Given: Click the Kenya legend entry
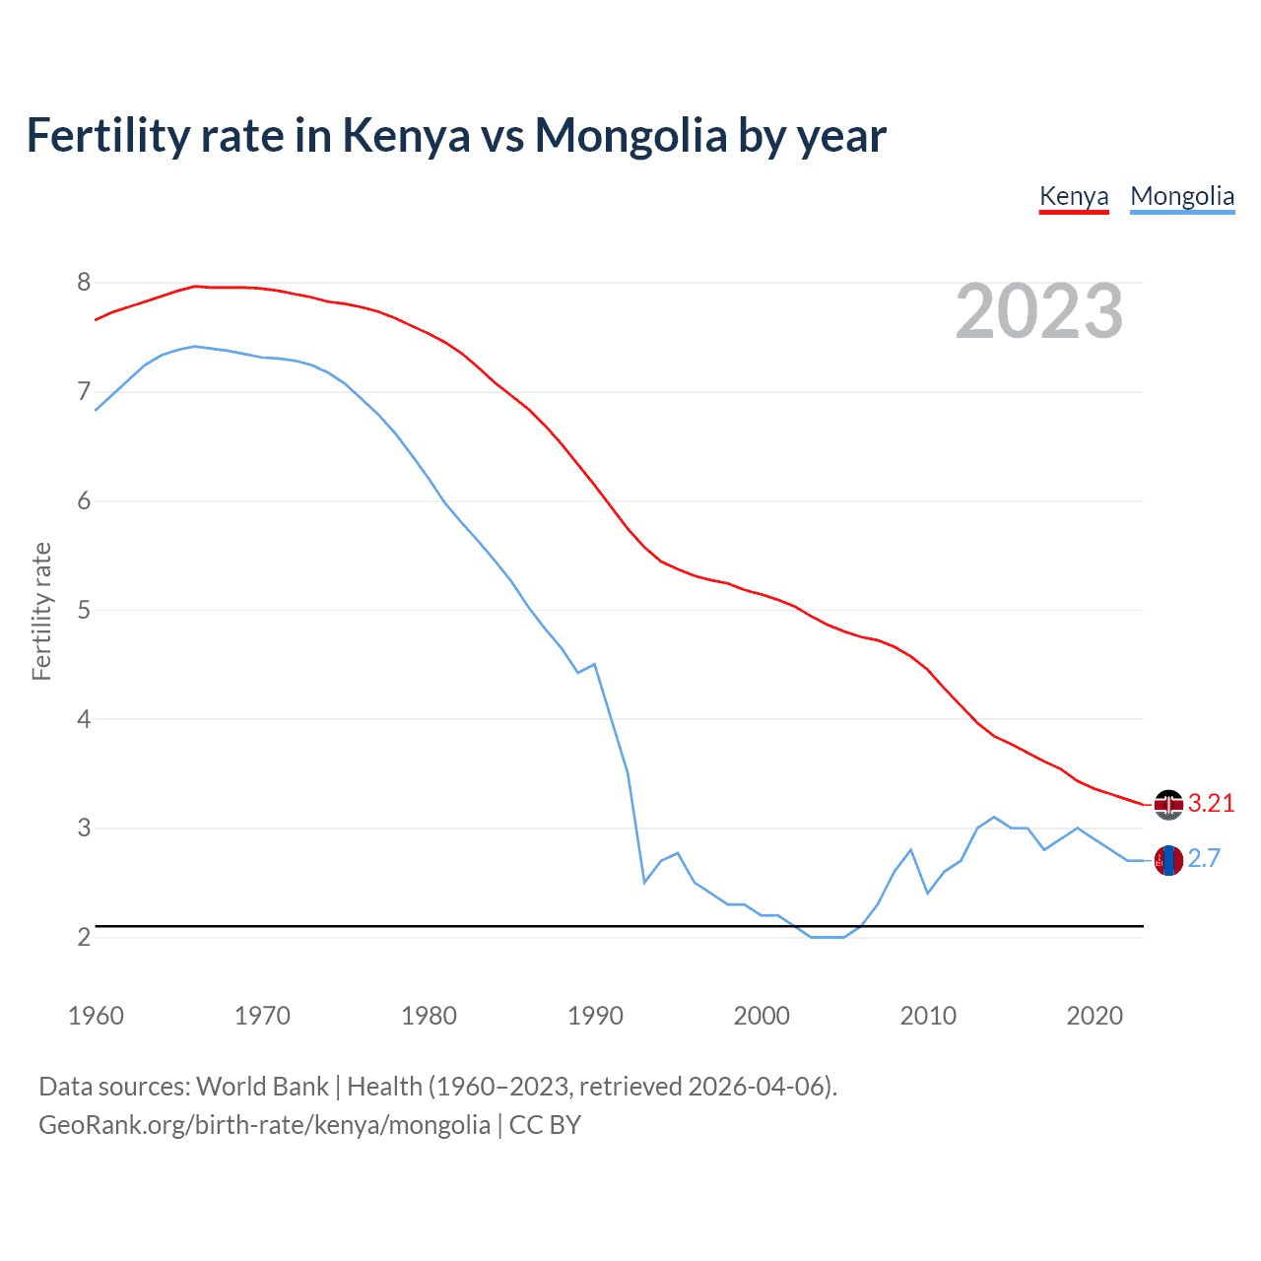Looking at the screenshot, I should pos(1074,196).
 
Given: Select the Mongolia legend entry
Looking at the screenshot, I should pos(1182,196).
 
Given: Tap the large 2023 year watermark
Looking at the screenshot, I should pos(1039,311).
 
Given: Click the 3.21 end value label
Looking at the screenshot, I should pos(1211,803).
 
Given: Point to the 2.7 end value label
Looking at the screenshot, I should pos(1204,859).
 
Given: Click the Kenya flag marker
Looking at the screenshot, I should pos(1168,805).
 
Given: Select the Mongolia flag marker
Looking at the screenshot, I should pos(1168,860).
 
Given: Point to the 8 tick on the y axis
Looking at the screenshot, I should pos(84,283).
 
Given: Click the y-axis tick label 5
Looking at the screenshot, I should pos(84,610).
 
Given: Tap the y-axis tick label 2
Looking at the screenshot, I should pos(84,937).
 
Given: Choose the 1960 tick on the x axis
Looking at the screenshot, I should pos(96,1016).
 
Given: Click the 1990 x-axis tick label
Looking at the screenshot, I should pos(595,1016).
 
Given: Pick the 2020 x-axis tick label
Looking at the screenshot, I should pos(1095,1016).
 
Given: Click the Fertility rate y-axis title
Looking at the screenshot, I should pos(41,611).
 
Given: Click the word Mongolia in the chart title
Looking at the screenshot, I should pos(630,135).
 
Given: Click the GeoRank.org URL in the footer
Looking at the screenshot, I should pos(264,1124).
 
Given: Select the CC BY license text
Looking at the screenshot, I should pos(545,1124).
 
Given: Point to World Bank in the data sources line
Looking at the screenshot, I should pos(262,1086).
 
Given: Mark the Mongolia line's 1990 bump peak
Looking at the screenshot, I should pos(594,664).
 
